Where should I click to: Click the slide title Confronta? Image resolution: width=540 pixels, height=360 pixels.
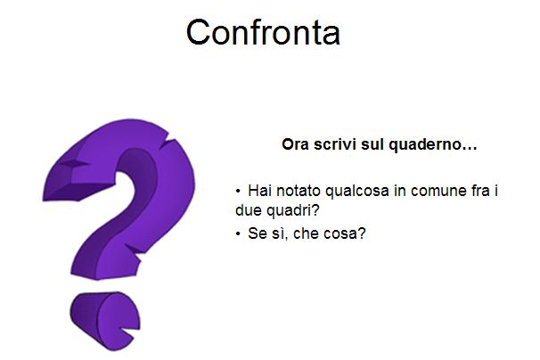click(263, 32)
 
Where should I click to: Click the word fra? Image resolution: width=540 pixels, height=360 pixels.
click(479, 191)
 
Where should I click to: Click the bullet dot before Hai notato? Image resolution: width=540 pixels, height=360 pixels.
click(238, 191)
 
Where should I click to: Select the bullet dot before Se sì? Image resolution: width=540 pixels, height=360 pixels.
click(238, 234)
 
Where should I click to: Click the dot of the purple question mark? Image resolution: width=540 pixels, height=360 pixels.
click(104, 321)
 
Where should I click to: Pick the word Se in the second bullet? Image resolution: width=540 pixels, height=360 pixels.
click(257, 233)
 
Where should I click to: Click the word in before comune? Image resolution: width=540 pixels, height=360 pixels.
click(400, 191)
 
